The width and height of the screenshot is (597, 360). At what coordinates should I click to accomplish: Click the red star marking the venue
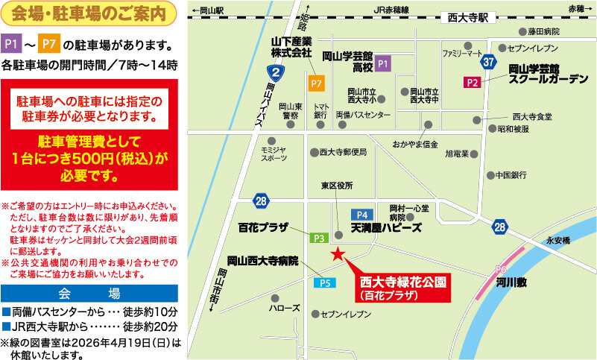pos(338,255)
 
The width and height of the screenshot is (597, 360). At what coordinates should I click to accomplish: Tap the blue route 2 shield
pos(276,72)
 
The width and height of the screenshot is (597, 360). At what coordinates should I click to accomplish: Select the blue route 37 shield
pos(488,61)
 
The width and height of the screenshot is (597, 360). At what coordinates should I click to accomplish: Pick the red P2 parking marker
pos(472,82)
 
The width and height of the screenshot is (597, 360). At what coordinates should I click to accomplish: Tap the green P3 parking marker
pos(318,237)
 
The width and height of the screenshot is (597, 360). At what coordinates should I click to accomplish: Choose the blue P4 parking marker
pos(363,214)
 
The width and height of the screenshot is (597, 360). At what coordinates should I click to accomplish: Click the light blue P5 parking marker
pos(325,282)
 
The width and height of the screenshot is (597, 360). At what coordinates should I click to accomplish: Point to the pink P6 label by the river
pos(501,269)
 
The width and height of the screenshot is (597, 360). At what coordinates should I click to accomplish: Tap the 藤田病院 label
pos(543,32)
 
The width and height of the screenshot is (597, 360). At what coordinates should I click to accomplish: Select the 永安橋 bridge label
pos(557,241)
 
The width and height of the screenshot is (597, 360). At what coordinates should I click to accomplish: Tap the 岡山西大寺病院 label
pos(263,262)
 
